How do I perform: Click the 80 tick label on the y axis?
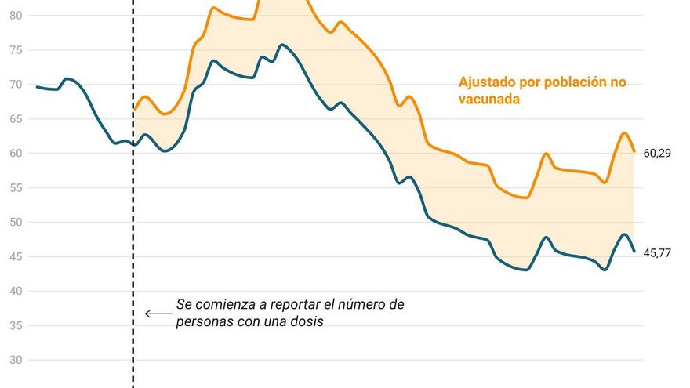click(16, 16)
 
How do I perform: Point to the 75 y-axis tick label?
click(16, 50)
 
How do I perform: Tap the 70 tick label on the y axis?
click(16, 85)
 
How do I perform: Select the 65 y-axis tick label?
click(16, 119)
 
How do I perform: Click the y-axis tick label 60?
click(16, 154)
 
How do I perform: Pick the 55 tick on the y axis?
click(16, 188)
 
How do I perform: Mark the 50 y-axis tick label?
click(16, 223)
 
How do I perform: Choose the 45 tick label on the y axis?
click(16, 257)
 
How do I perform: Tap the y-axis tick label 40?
click(16, 292)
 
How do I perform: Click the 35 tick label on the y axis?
click(16, 326)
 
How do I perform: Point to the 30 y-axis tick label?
click(16, 361)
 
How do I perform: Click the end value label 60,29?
click(657, 154)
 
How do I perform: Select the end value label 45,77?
click(657, 253)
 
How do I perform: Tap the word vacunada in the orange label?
click(489, 100)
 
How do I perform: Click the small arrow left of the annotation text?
click(158, 314)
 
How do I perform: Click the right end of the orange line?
click(634, 151)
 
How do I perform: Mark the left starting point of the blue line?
click(37, 86)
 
